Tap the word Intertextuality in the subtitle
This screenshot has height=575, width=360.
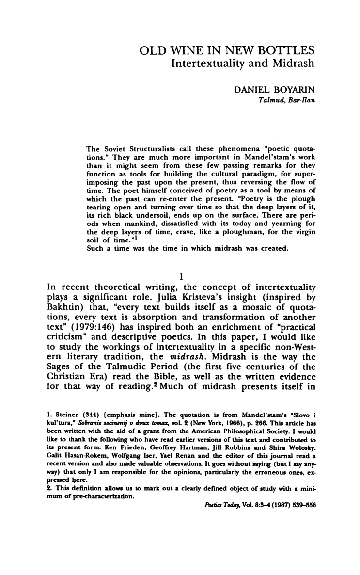(x=216, y=63)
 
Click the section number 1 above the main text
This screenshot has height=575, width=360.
(x=180, y=277)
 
